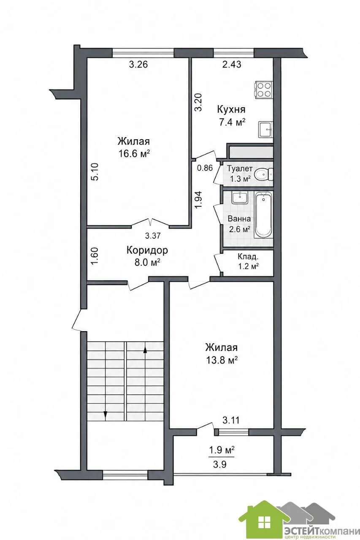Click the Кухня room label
[x=231, y=109]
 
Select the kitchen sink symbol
[x=266, y=130]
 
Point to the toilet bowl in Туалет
[x=263, y=173]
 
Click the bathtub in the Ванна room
[x=264, y=214]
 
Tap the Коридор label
[x=147, y=250]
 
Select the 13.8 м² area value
[x=222, y=360]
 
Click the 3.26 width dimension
[x=138, y=65]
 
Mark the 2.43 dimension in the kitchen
[x=232, y=65]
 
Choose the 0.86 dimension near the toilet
[x=205, y=168]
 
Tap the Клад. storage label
[x=247, y=256]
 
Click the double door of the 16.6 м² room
[x=150, y=222]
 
